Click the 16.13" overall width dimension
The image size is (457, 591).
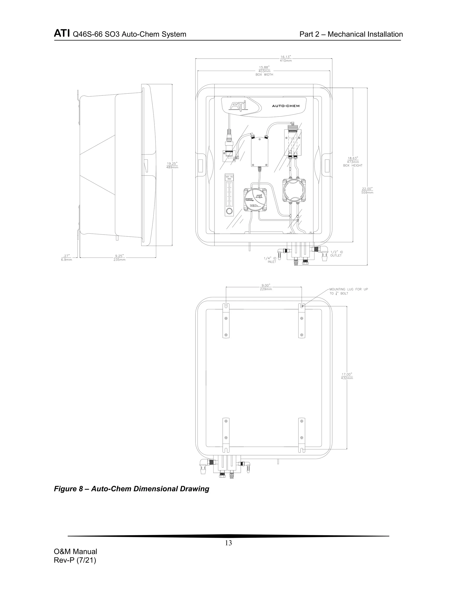pyautogui.click(x=286, y=59)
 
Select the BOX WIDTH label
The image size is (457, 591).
pyautogui.click(x=264, y=75)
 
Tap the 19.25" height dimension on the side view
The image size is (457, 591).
pyautogui.click(x=172, y=165)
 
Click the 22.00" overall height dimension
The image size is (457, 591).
pyautogui.click(x=367, y=190)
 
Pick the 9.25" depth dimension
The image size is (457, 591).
pyautogui.click(x=119, y=258)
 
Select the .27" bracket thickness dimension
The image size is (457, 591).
pyautogui.click(x=66, y=258)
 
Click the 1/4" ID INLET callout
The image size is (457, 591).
pyautogui.click(x=270, y=260)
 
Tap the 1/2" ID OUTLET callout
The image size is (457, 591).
pyautogui.click(x=336, y=254)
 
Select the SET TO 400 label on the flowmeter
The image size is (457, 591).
pyautogui.click(x=229, y=178)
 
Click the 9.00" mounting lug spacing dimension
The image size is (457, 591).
pyautogui.click(x=266, y=287)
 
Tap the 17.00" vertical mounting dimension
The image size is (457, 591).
pyautogui.click(x=347, y=376)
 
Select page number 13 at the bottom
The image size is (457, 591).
pyautogui.click(x=228, y=543)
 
